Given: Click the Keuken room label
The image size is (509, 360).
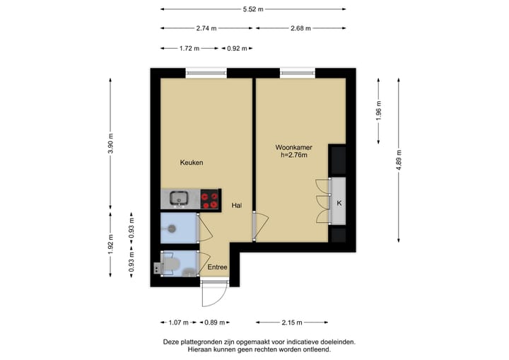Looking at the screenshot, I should [x=192, y=163].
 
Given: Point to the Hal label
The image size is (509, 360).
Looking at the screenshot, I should [x=237, y=206].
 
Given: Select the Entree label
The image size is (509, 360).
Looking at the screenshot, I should [x=217, y=267].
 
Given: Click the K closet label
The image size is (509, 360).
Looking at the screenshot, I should [x=339, y=204].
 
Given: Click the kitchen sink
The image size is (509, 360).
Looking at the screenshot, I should [x=178, y=198].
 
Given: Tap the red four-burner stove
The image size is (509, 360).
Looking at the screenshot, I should [x=209, y=199].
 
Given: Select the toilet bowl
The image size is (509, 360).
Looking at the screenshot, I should [x=170, y=267].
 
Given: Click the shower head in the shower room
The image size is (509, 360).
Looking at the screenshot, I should [x=172, y=228].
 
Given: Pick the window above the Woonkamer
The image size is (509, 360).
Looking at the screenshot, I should [x=298, y=72].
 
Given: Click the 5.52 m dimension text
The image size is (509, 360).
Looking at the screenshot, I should [x=253, y=9].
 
